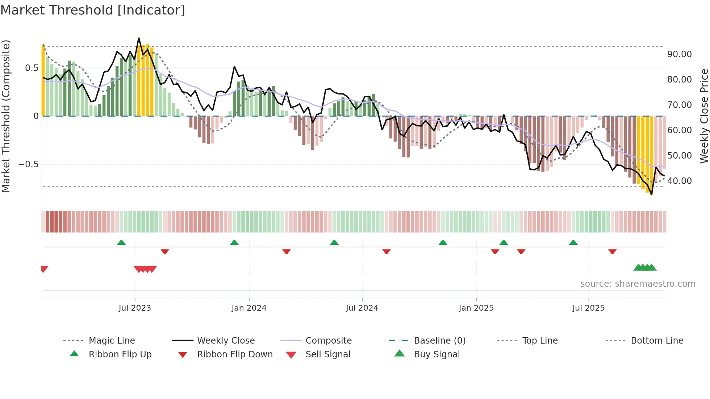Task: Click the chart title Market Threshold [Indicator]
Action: [93, 10]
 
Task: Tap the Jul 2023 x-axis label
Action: [134, 308]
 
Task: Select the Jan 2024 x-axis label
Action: [249, 308]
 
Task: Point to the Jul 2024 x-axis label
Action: [362, 308]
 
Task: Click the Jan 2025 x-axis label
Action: [476, 308]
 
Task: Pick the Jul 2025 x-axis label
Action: [588, 308]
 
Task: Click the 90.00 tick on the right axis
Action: [679, 54]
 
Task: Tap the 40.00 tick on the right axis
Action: [679, 181]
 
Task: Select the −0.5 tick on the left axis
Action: [28, 164]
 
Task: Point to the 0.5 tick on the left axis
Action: [32, 68]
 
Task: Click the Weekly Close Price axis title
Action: [704, 116]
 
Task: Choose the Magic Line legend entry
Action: [112, 341]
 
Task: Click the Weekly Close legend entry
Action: [226, 341]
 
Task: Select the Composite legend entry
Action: [328, 341]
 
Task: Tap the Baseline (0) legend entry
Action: [439, 341]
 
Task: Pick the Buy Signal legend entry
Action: [437, 354]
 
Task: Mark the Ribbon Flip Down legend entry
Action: [234, 354]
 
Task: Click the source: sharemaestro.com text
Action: [638, 284]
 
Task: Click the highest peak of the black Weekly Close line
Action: [139, 38]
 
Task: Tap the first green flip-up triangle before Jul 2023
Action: [121, 243]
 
